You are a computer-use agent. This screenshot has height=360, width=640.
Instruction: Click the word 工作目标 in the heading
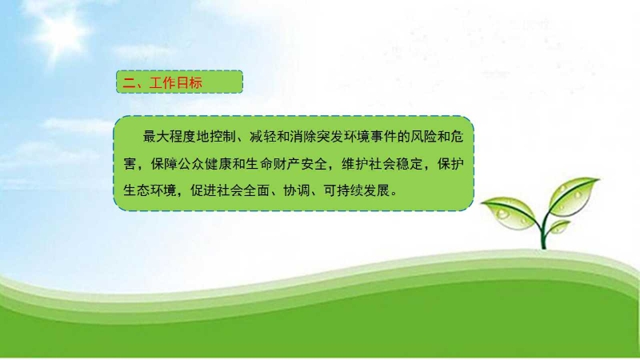point(176,83)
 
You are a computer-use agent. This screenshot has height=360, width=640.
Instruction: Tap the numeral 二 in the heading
point(129,83)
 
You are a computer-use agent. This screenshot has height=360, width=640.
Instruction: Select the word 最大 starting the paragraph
point(156,136)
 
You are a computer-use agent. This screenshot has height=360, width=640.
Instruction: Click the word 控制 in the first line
point(223,136)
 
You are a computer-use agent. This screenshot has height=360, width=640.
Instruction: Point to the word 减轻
point(263,136)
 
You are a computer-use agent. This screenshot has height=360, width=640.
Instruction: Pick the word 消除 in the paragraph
point(303,136)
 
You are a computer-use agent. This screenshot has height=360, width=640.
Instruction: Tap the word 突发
point(330,136)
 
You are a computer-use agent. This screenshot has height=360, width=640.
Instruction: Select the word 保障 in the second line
point(164,164)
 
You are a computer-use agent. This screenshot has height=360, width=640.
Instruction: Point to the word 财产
point(287,164)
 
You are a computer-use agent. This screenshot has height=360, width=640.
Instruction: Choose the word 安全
point(314,164)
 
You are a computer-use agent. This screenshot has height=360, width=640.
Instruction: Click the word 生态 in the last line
point(136,190)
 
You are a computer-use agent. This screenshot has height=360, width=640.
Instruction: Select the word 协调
point(297,190)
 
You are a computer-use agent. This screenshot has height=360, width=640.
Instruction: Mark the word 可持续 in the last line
point(343,190)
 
